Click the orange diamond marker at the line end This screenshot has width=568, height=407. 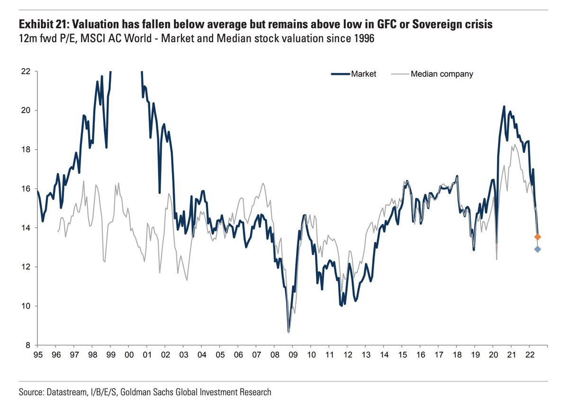click(538, 237)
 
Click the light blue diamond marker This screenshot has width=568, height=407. click(538, 249)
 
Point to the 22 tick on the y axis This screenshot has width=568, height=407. click(26, 71)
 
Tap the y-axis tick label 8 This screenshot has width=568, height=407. click(28, 345)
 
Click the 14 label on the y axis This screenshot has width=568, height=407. click(26, 228)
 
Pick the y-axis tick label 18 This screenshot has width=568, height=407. click(26, 150)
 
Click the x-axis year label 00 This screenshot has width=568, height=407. click(128, 354)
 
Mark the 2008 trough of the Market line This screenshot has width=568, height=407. click(289, 331)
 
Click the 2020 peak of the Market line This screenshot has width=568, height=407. click(504, 106)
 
